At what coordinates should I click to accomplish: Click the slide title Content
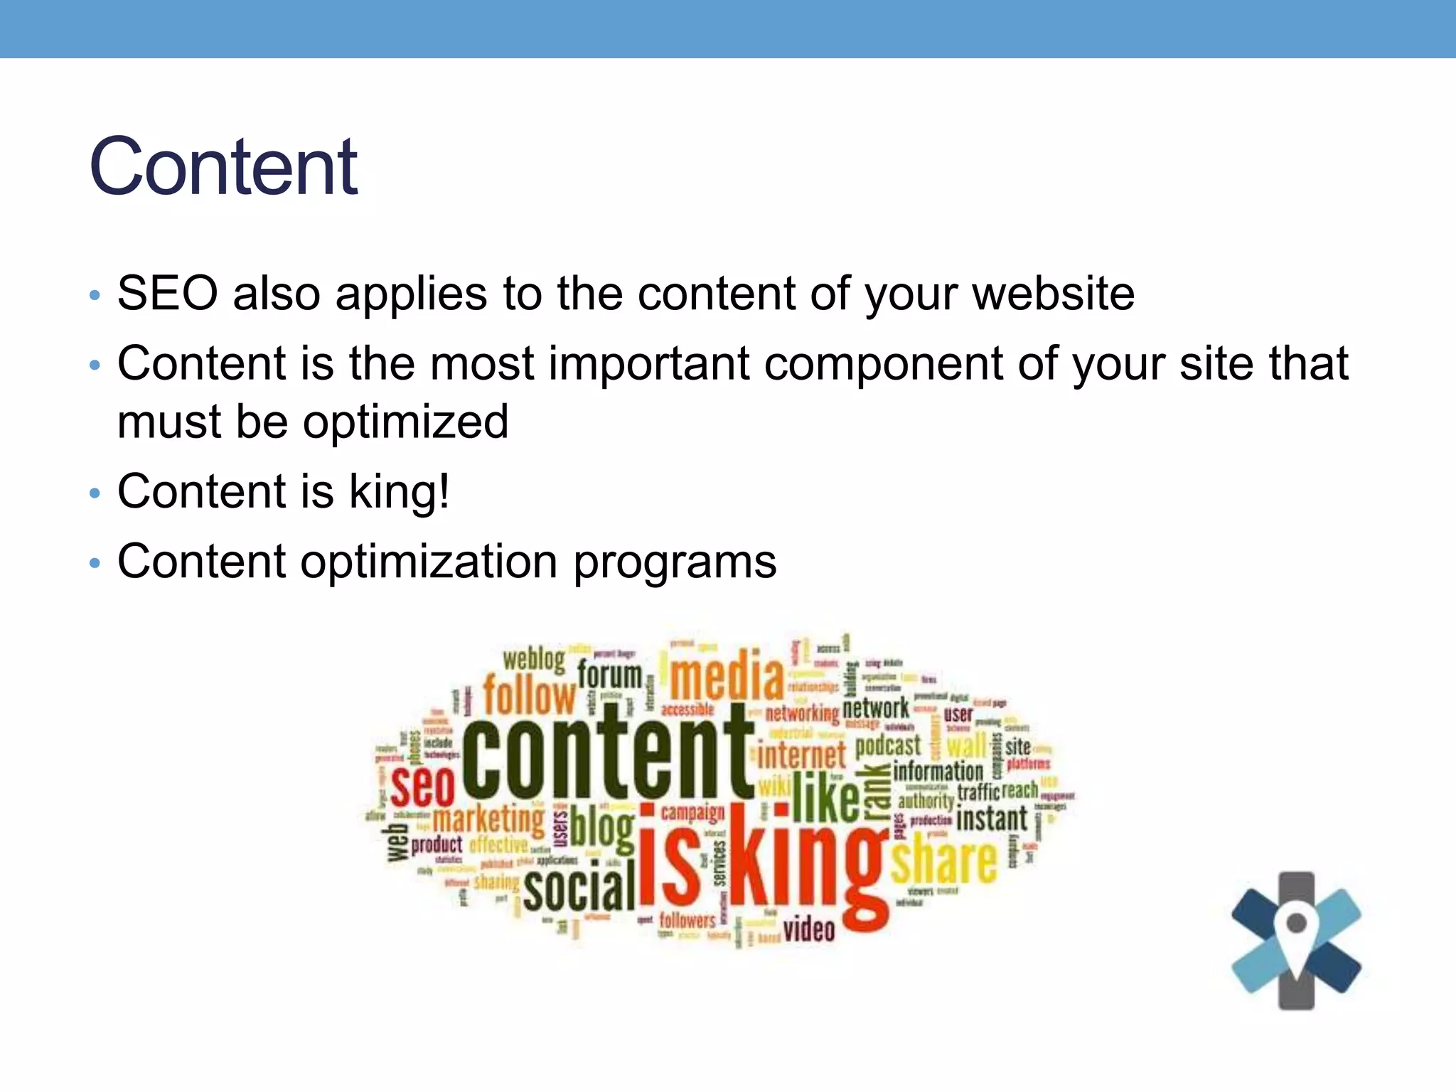click(223, 167)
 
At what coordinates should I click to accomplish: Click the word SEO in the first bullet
click(167, 294)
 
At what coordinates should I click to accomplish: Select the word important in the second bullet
click(648, 364)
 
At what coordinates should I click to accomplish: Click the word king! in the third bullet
click(399, 492)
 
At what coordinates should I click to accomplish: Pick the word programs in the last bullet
click(675, 562)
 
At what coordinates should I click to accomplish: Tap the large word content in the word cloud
click(608, 757)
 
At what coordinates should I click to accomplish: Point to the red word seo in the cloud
click(422, 786)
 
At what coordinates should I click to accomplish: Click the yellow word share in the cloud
click(943, 861)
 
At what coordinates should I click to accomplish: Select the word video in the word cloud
click(808, 929)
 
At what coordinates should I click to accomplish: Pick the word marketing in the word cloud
click(488, 819)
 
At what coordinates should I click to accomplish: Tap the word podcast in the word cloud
click(887, 746)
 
